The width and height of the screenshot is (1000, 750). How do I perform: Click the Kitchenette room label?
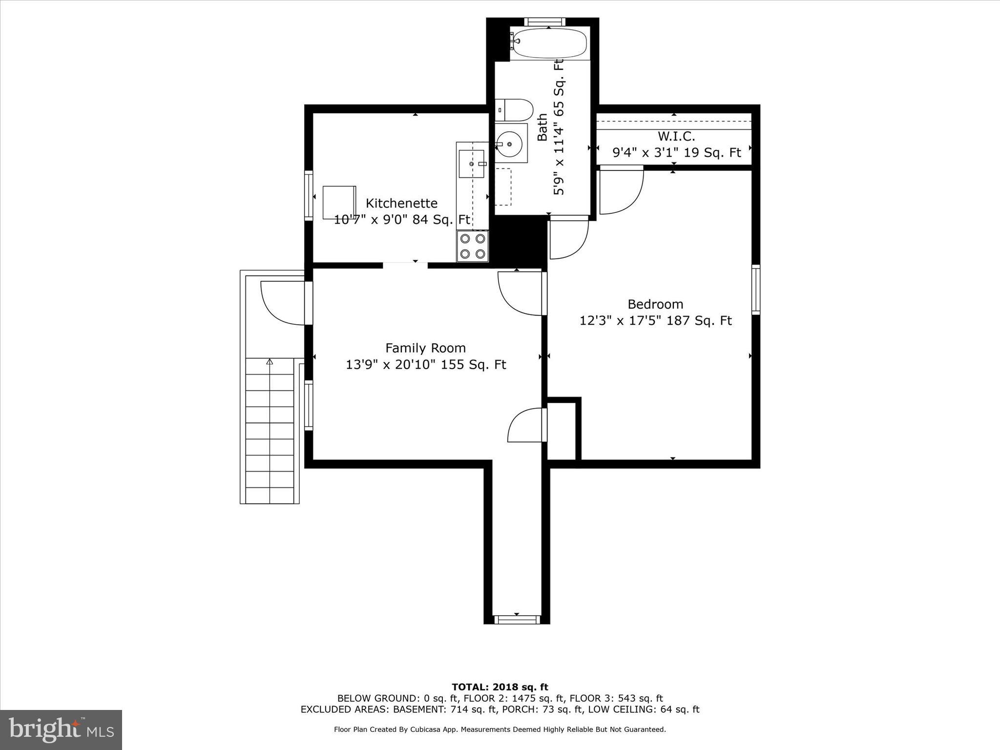click(x=401, y=203)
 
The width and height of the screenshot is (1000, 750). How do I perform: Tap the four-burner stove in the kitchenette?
click(x=473, y=246)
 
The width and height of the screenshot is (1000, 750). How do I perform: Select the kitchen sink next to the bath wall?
click(x=471, y=164)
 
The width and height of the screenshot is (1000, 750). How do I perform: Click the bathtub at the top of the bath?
click(x=549, y=43)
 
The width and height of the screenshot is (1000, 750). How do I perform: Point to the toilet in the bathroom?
click(x=514, y=110)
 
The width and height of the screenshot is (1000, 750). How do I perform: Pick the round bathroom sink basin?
click(x=509, y=144)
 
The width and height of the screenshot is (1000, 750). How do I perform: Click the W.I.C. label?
click(x=676, y=136)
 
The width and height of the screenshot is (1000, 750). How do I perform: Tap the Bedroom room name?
click(x=655, y=304)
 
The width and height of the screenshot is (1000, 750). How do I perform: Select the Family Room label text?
click(x=425, y=348)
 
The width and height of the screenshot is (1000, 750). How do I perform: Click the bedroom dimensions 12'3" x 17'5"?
click(x=655, y=321)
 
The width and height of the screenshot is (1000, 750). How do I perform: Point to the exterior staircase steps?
click(x=270, y=430)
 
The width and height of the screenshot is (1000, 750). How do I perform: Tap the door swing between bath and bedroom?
click(x=568, y=238)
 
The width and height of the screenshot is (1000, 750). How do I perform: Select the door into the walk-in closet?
click(x=621, y=190)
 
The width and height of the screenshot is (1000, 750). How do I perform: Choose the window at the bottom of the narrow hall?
click(x=517, y=620)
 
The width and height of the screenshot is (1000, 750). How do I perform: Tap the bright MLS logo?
click(x=61, y=729)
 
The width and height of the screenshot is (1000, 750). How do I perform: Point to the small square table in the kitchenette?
click(x=339, y=202)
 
